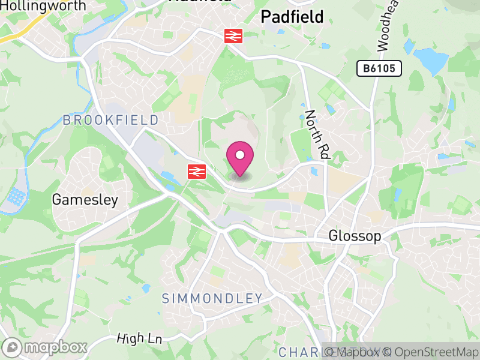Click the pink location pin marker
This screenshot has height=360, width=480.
pos(240,157)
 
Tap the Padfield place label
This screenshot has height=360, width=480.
pos(292,17)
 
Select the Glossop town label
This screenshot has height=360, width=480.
pos(355,236)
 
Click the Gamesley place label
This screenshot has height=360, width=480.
pos(85,200)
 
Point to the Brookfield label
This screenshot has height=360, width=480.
pos(111,121)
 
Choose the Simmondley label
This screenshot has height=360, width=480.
pos(212,298)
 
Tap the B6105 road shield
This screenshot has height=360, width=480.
pos(379,68)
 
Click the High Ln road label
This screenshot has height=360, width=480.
pos(140,338)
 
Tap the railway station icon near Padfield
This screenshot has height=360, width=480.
pos(233,36)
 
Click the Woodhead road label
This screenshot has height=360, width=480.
pos(386,27)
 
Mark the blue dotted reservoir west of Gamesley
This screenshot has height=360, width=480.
pos(15,197)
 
